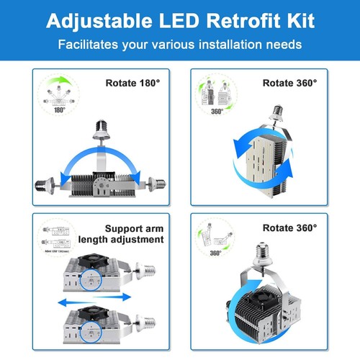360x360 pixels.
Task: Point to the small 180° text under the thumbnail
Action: click(x=58, y=111)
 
